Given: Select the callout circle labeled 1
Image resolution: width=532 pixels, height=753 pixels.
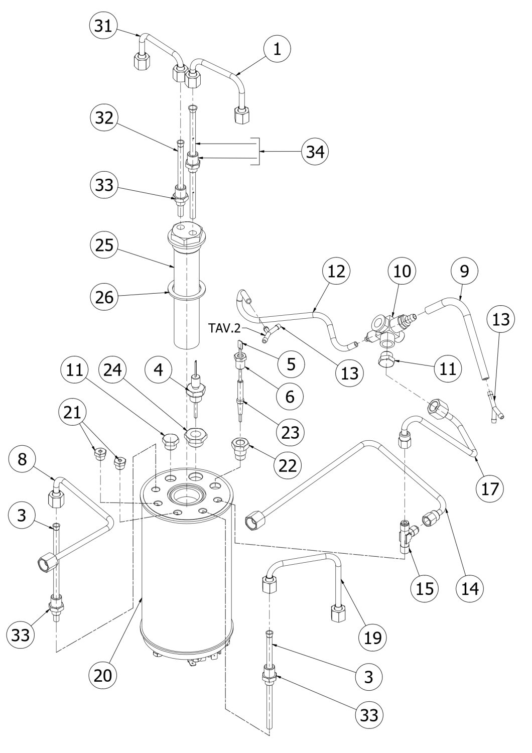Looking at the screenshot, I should (278, 49).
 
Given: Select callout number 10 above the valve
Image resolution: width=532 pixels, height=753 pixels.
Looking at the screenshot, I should (402, 271).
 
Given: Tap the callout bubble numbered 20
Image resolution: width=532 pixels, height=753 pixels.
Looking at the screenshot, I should (104, 674).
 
